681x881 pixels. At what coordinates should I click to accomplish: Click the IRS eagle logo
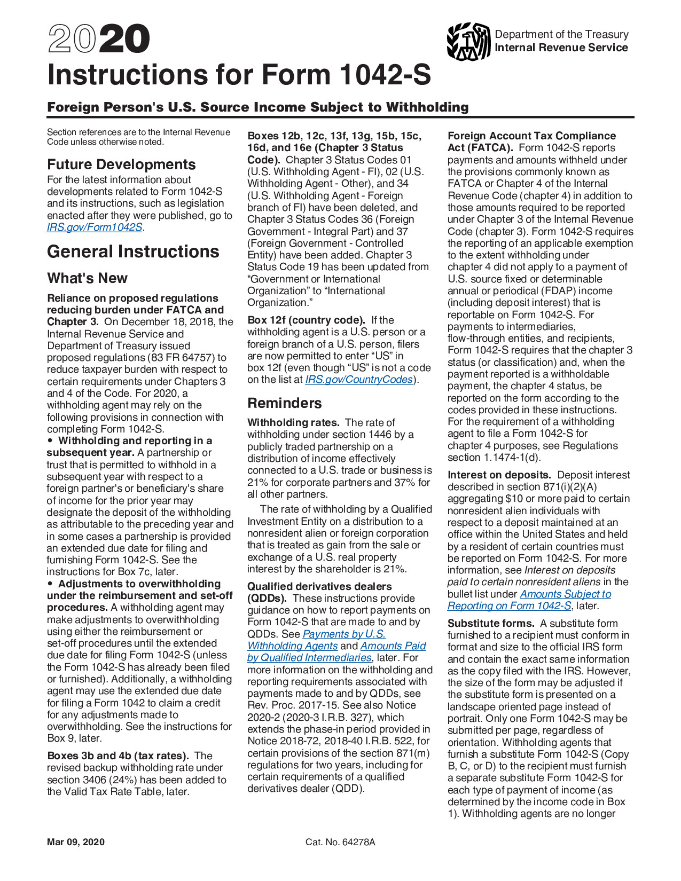coord(468,41)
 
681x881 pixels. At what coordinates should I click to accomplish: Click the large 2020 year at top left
coord(99,40)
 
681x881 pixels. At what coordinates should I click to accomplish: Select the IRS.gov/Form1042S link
coord(95,227)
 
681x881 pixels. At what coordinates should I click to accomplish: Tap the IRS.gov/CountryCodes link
coord(359,380)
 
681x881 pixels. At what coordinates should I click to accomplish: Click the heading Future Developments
coord(121,164)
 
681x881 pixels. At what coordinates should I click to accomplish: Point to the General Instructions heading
coord(133,251)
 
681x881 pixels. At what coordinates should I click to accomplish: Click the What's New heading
coord(87,278)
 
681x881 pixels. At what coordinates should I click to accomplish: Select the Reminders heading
coord(285,403)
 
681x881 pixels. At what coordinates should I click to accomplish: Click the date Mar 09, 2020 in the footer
coord(76,842)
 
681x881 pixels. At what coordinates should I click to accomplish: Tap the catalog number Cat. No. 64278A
coord(340,842)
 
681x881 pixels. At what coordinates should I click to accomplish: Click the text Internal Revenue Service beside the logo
coord(561,48)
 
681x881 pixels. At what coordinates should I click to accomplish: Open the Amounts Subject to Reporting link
coord(565,594)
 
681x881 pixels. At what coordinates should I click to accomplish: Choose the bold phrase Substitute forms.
coord(491,624)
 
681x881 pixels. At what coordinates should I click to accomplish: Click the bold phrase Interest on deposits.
coord(499,475)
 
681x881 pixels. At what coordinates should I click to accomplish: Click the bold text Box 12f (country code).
coord(306,320)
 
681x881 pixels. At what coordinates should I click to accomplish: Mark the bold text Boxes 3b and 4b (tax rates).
coord(118,756)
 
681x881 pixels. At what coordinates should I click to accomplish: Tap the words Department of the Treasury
coord(561,34)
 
